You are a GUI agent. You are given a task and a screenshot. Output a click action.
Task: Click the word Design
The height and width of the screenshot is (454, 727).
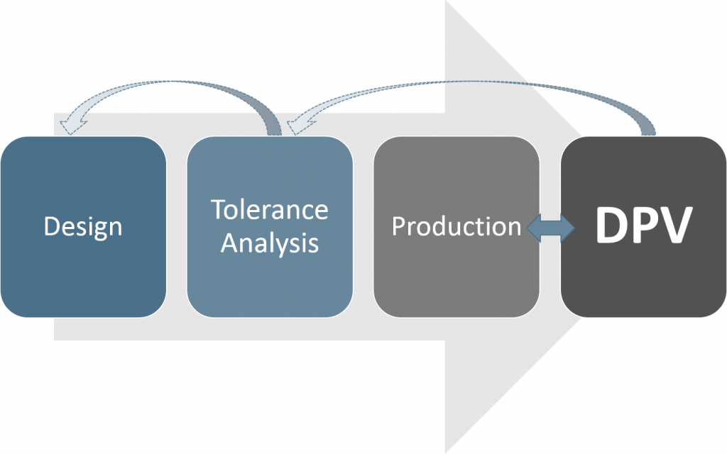click(83, 226)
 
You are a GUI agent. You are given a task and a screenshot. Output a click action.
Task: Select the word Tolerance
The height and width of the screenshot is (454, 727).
click(269, 210)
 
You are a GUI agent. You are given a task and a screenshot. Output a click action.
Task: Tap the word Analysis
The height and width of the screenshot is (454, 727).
click(269, 243)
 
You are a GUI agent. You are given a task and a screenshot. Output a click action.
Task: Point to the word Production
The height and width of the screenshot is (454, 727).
click(456, 226)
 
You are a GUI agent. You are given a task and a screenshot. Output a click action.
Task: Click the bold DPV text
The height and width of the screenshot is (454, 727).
click(643, 226)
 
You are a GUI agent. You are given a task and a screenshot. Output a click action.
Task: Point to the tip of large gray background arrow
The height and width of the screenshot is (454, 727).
click(721, 226)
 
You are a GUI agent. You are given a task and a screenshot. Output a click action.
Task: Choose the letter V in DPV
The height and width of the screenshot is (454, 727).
click(675, 226)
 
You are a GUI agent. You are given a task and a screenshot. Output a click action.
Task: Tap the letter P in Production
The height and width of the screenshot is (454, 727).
click(398, 226)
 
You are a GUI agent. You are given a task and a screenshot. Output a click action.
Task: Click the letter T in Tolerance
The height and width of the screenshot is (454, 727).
click(217, 210)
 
